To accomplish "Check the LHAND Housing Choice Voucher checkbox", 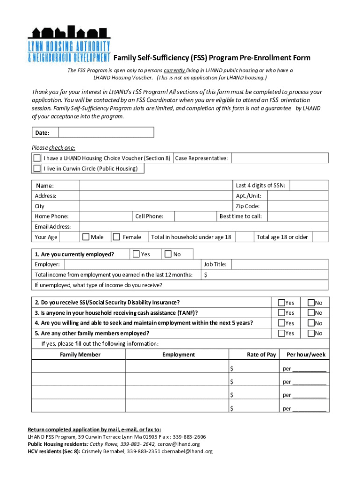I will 37,158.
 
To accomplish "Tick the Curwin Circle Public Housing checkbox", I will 37,168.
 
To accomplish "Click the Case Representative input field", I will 280,158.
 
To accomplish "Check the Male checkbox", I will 86,237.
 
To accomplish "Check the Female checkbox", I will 116,237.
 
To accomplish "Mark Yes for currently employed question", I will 136,254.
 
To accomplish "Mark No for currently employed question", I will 168,254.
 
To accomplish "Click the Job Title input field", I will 280,264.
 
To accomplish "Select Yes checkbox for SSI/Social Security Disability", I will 282,303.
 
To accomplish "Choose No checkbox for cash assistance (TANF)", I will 311,312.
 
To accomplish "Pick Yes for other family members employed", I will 282,333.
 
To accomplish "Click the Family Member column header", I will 80,355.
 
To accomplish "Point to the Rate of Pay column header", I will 261,355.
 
